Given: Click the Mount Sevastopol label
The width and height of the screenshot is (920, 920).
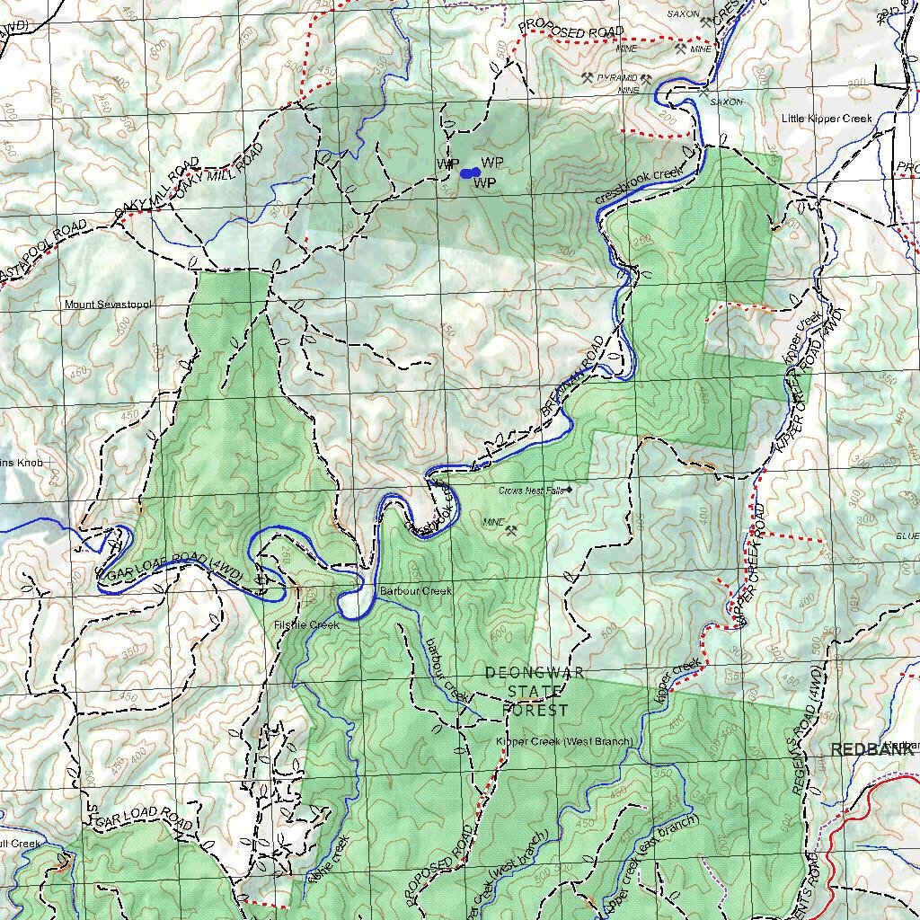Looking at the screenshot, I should click(108, 305).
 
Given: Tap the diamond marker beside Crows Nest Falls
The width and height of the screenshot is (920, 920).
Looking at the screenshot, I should click(569, 490).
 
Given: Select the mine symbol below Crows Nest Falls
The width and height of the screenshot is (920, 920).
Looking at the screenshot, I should click(512, 531).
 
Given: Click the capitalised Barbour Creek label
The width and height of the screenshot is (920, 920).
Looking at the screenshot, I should click(415, 591).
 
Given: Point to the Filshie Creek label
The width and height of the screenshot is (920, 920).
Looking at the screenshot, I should click(307, 624).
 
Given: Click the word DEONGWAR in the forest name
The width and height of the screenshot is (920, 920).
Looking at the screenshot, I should click(534, 673).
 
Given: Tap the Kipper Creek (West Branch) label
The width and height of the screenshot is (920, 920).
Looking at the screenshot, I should click(564, 741).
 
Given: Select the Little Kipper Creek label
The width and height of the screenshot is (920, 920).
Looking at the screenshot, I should click(827, 119).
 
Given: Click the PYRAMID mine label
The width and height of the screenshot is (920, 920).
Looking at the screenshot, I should click(616, 78).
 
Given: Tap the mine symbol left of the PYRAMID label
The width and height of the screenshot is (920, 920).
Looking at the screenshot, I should click(588, 78).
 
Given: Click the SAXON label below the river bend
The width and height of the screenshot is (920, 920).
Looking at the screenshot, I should click(726, 102).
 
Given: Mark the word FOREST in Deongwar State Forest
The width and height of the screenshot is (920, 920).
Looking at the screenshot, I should click(535, 710).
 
